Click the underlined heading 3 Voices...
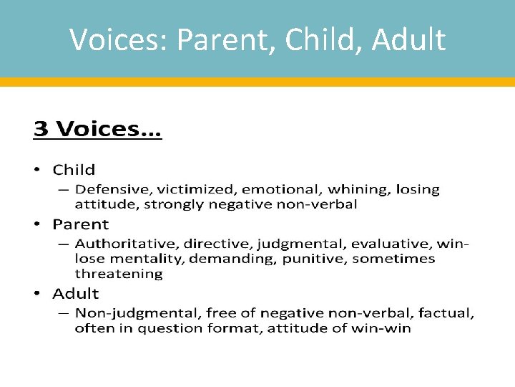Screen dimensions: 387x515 (97, 130)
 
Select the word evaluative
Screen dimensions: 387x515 (393, 244)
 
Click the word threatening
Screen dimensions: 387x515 (119, 274)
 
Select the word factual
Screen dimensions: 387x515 (448, 313)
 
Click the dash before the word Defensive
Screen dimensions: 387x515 (63, 190)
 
